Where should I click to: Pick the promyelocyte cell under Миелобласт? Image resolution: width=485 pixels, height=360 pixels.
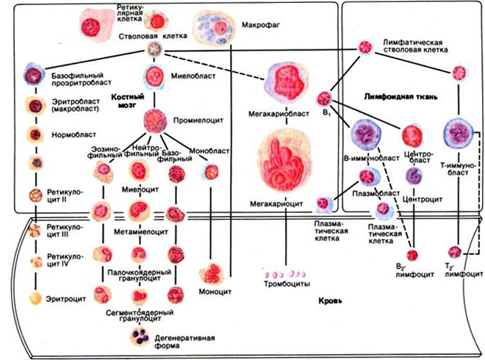click(157, 119)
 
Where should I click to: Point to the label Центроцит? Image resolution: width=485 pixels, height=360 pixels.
click(416, 199)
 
